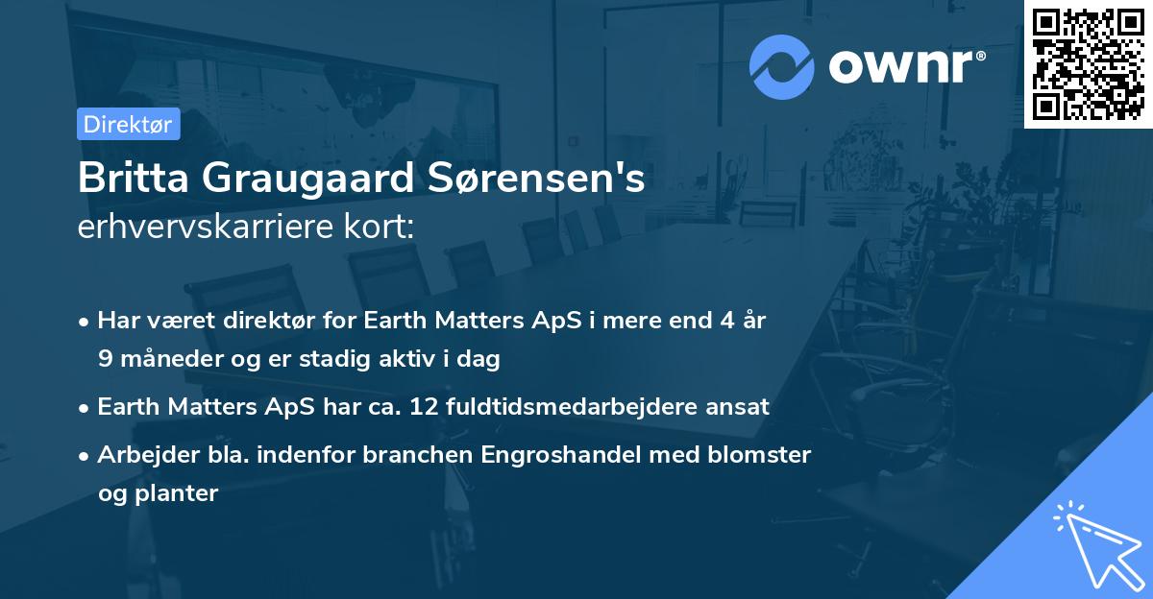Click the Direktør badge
tap(128, 124)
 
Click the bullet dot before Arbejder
tap(86, 455)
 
